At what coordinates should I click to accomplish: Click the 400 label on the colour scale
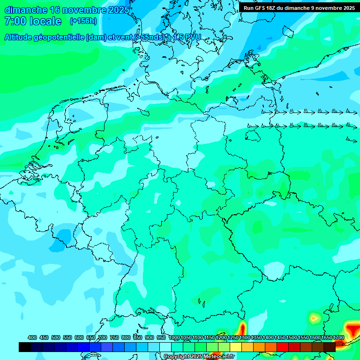(x=32, y=337)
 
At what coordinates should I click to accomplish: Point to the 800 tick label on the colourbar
(x=126, y=337)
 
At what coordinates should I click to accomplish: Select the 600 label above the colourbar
(x=79, y=337)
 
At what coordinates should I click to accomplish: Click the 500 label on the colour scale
(x=56, y=337)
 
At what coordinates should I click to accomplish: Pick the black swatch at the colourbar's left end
(x=25, y=347)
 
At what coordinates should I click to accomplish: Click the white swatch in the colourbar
(x=165, y=347)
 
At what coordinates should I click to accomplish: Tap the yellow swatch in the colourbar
(x=236, y=347)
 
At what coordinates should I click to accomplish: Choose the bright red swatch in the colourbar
(x=283, y=347)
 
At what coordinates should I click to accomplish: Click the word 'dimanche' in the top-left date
(x=25, y=10)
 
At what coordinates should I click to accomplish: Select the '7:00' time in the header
(x=15, y=21)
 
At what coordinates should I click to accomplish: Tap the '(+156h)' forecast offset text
(x=83, y=21)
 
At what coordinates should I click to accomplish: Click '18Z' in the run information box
(x=274, y=8)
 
